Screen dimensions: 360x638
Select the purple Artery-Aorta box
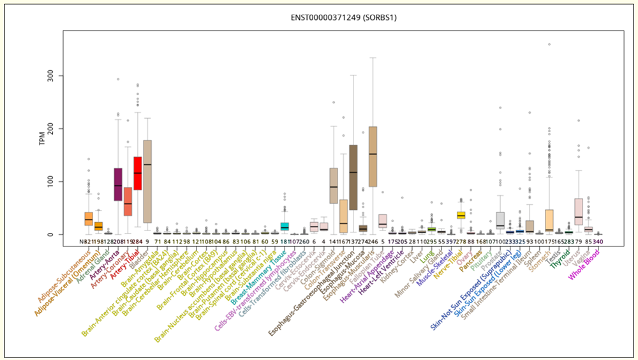tap(118, 184)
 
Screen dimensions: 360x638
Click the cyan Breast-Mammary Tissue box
tap(285, 227)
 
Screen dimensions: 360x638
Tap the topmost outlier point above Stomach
tap(549, 45)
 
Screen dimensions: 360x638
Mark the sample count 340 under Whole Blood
tap(598, 242)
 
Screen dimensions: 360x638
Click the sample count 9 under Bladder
tap(147, 242)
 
